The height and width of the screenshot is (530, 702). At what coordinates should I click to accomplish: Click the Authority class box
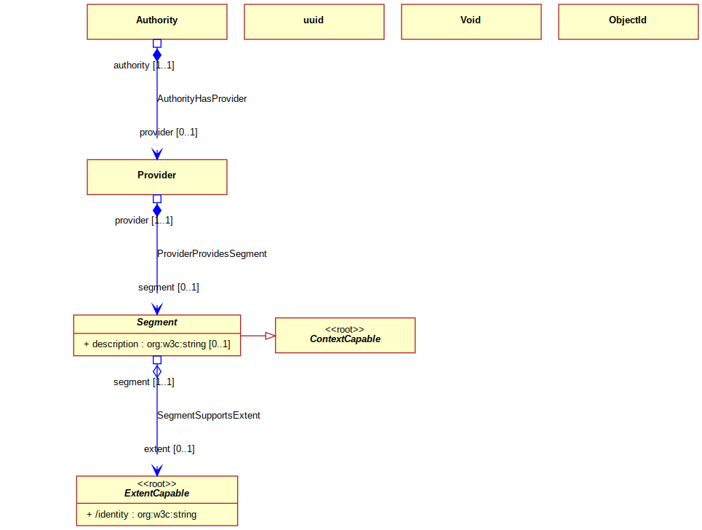pyautogui.click(x=157, y=22)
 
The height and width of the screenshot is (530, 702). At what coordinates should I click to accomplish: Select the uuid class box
pyautogui.click(x=314, y=22)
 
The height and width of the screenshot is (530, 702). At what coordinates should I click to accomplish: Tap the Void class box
pyautogui.click(x=471, y=22)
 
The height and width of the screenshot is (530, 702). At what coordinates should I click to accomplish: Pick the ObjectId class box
pyautogui.click(x=629, y=22)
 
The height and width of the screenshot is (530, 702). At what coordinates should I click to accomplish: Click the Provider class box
pyautogui.click(x=157, y=177)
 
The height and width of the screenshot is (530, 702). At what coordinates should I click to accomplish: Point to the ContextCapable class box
pyautogui.click(x=345, y=336)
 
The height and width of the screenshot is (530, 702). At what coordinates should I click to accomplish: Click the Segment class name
pyautogui.click(x=157, y=322)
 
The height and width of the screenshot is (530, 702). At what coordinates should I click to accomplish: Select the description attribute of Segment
pyautogui.click(x=157, y=344)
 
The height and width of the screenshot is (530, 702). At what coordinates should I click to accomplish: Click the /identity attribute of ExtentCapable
pyautogui.click(x=141, y=514)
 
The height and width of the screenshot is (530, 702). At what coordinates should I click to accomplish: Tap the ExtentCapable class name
pyautogui.click(x=157, y=494)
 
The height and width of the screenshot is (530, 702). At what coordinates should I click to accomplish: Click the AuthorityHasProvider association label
pyautogui.click(x=202, y=98)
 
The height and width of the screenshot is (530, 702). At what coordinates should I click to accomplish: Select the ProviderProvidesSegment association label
pyautogui.click(x=212, y=253)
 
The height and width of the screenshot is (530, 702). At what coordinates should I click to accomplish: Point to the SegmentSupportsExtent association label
pyautogui.click(x=209, y=415)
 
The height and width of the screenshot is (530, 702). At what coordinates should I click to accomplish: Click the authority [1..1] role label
pyautogui.click(x=144, y=66)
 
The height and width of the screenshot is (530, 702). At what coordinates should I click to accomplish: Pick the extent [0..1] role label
pyautogui.click(x=169, y=449)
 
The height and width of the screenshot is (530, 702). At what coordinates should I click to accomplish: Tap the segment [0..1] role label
pyautogui.click(x=168, y=287)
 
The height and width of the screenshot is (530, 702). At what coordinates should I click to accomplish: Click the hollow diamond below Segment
pyautogui.click(x=157, y=371)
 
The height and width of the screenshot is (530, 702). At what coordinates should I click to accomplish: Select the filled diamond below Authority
pyautogui.click(x=157, y=55)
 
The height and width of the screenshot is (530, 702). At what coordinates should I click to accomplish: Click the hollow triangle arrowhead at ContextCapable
pyautogui.click(x=271, y=336)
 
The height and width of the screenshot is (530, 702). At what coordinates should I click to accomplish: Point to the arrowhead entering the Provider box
pyautogui.click(x=157, y=154)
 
